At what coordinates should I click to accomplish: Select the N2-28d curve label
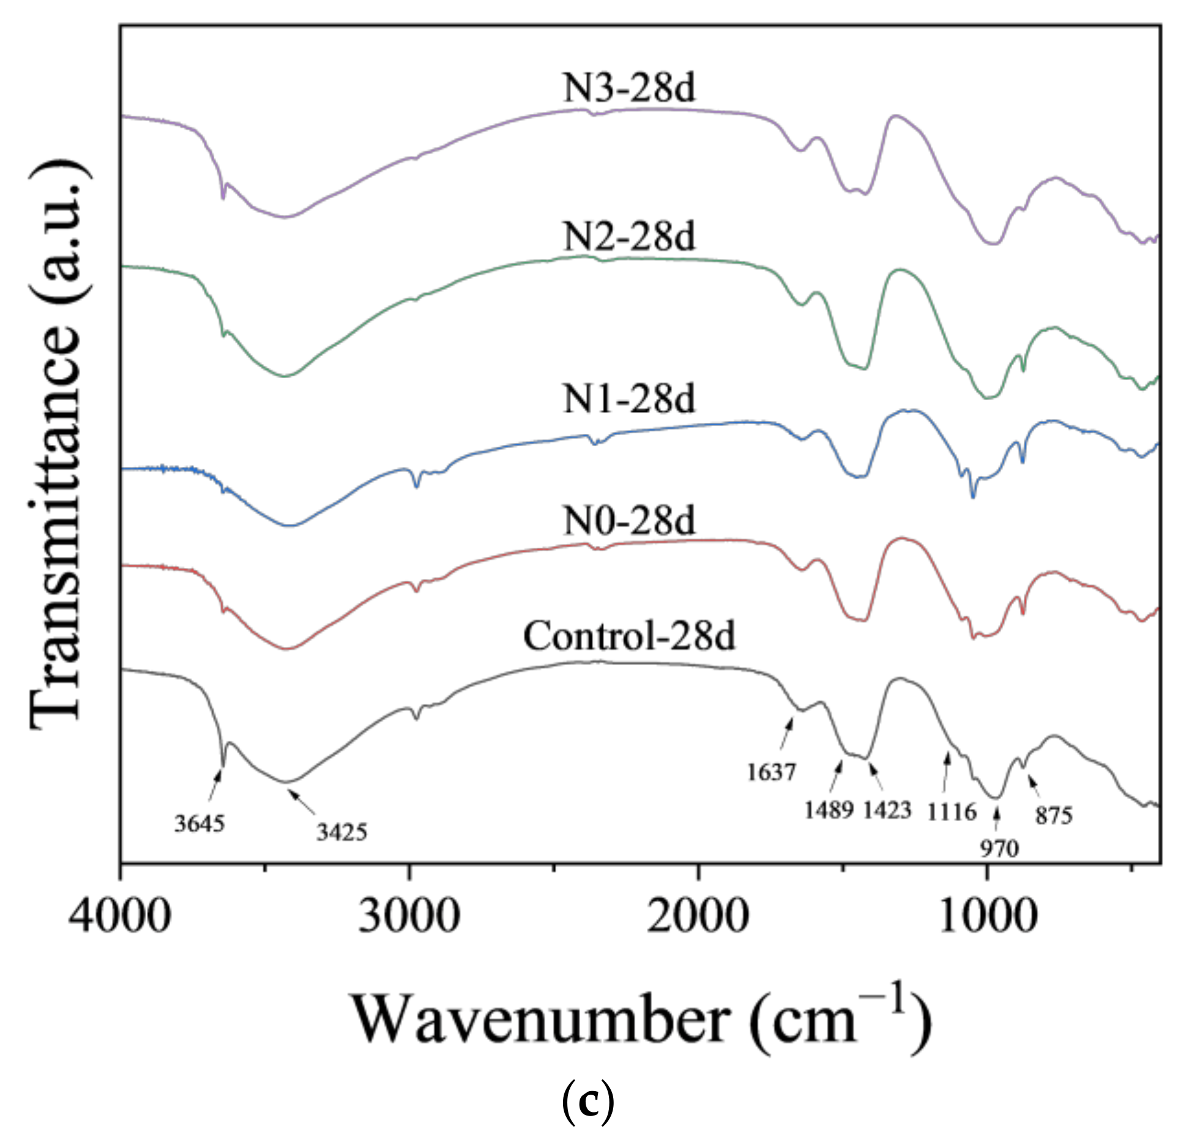(629, 237)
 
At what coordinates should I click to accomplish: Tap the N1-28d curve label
(629, 399)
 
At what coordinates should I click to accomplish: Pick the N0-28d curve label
(629, 521)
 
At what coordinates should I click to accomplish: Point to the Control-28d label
(629, 636)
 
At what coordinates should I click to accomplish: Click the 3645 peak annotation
(200, 824)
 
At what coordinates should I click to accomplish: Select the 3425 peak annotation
(341, 832)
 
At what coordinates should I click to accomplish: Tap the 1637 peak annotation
(771, 772)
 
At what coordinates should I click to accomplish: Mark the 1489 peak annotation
(829, 810)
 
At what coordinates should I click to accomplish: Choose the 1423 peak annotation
(887, 810)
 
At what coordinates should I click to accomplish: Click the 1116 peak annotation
(952, 812)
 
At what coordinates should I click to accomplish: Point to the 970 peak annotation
(999, 848)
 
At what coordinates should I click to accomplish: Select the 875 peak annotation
(1054, 815)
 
